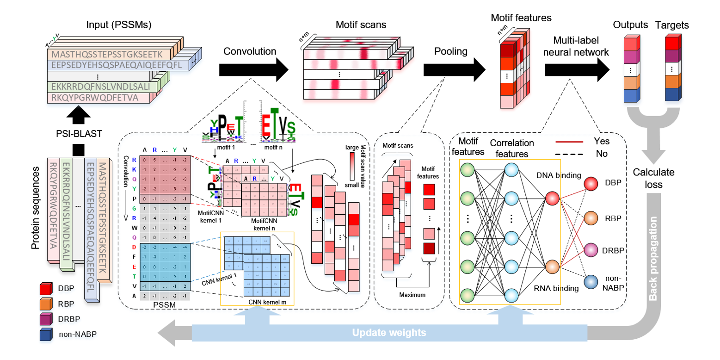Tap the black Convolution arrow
click(x=252, y=69)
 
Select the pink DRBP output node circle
click(x=593, y=249)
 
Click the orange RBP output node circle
click(x=593, y=217)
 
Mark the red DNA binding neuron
click(x=552, y=198)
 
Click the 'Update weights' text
click(x=388, y=333)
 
